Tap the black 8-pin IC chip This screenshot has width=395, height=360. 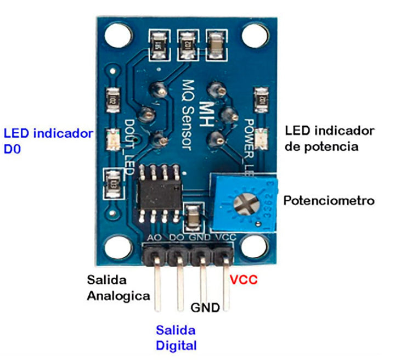pyautogui.click(x=159, y=192)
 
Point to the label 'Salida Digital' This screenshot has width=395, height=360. pyautogui.click(x=176, y=337)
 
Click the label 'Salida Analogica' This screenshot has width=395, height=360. pyautogui.click(x=119, y=287)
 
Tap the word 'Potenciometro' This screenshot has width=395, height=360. pyautogui.click(x=329, y=201)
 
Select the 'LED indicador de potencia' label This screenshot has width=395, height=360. pyautogui.click(x=330, y=138)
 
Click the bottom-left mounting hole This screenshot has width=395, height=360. pyautogui.click(x=115, y=245)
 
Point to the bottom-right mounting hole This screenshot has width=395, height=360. pyautogui.click(x=253, y=245)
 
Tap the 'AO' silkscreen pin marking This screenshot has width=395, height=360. pyautogui.click(x=154, y=238)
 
